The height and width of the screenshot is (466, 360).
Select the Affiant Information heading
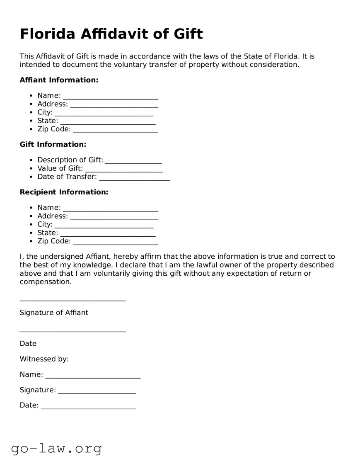59,80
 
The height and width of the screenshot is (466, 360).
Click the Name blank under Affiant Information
110,97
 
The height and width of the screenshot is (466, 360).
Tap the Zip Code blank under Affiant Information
115,130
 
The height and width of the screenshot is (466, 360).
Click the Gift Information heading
53,144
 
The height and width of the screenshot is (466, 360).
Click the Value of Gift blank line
123,169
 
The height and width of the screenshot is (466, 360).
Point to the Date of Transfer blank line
134,178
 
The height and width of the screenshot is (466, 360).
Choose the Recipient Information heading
64,192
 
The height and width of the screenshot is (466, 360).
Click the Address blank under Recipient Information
114,217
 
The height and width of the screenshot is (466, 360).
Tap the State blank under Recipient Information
108,234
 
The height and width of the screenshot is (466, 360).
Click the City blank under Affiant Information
104,113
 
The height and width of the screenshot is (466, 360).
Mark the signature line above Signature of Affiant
72,300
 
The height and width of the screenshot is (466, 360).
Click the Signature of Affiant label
54,313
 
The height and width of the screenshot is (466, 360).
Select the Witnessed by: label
44,359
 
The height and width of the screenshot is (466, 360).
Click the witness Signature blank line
97,391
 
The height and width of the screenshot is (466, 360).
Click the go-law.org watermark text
56,448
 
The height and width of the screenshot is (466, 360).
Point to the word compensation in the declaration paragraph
45,282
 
